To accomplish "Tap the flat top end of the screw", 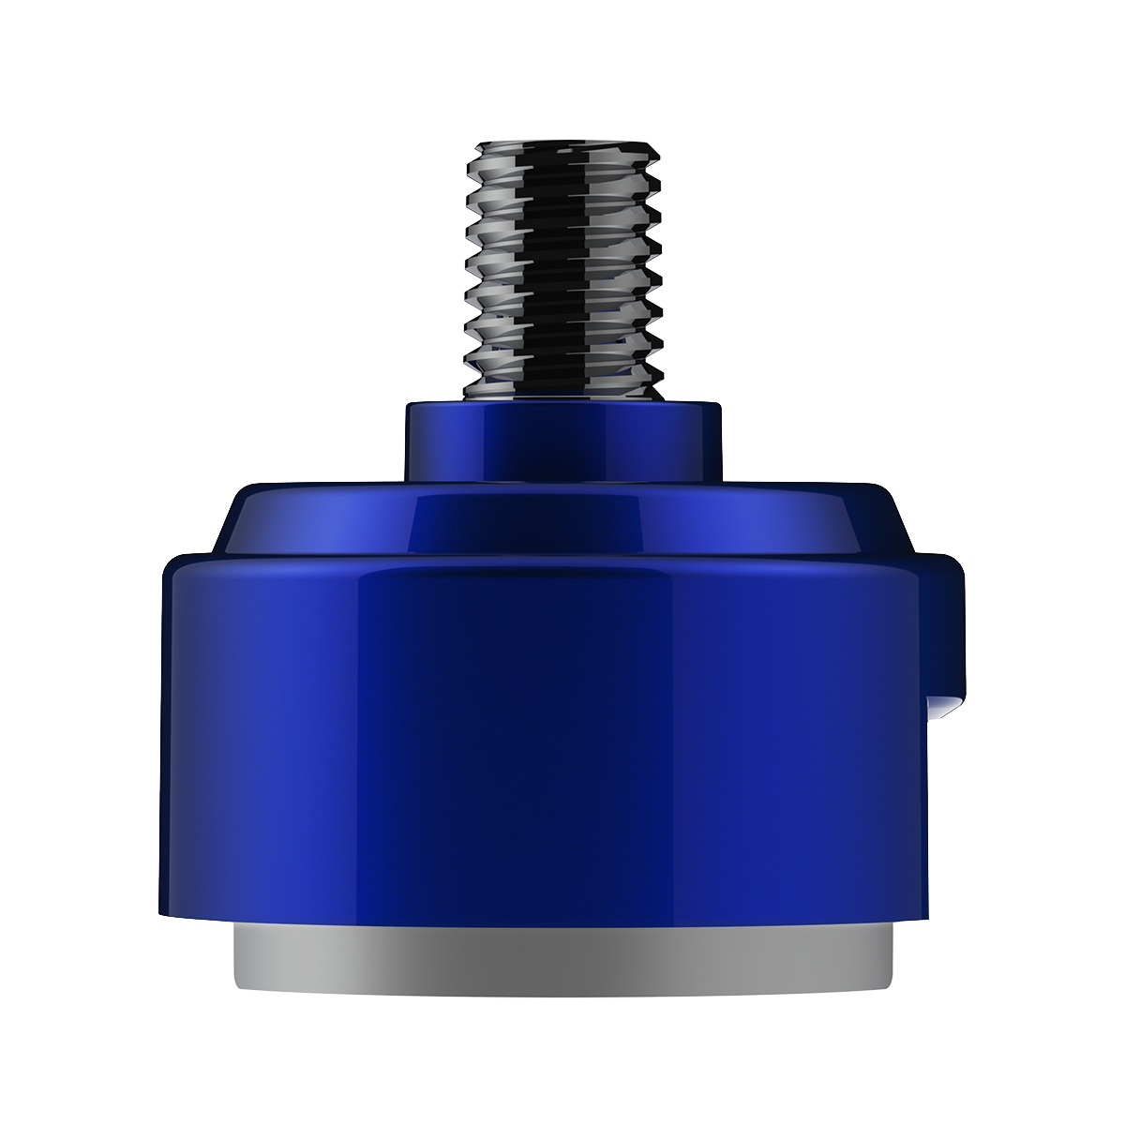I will pyautogui.click(x=563, y=146).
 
